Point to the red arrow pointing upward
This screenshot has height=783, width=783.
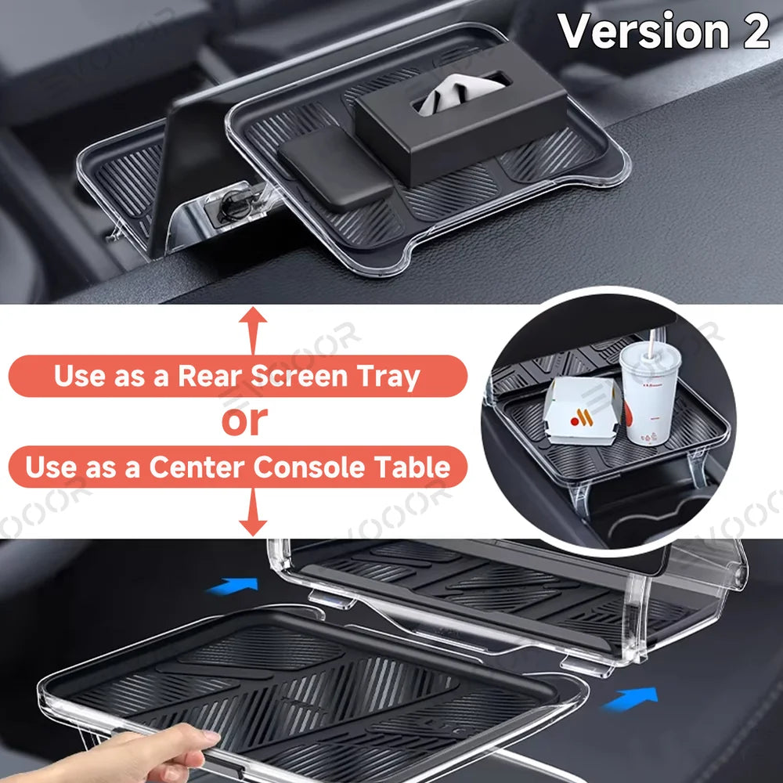(252, 329)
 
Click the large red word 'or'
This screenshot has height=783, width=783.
(245, 421)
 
